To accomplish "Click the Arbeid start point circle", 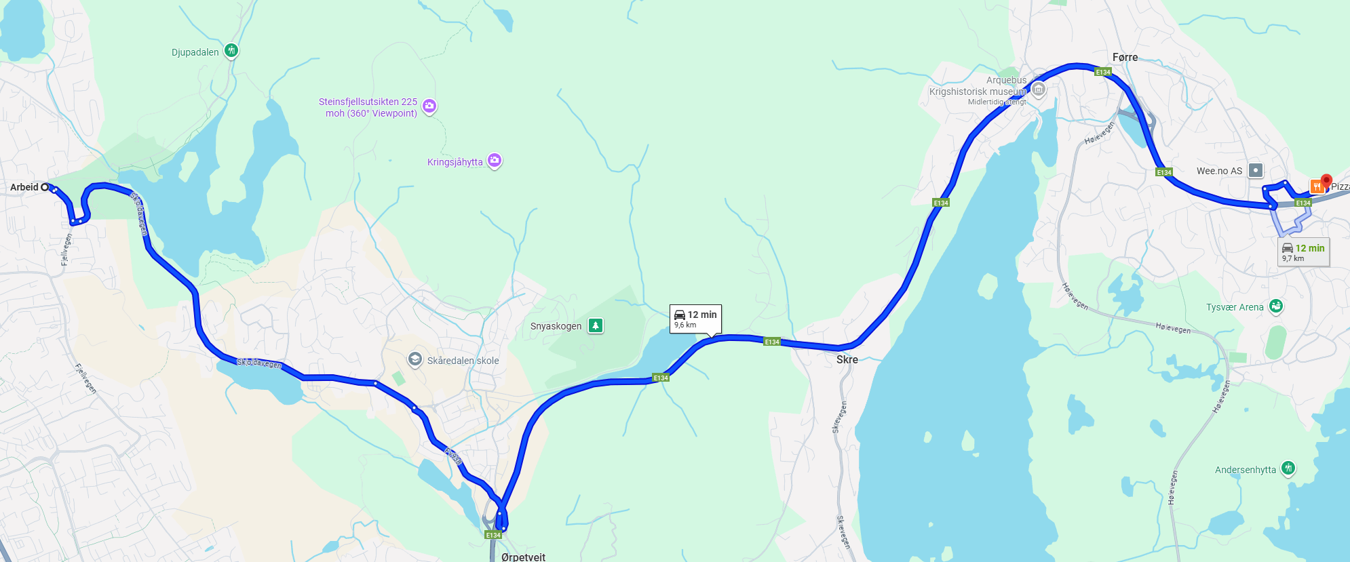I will (45, 187).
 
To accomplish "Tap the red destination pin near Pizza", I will (1326, 181).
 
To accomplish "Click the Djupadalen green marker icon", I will (231, 51).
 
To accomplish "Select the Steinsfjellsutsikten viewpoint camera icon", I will (429, 106).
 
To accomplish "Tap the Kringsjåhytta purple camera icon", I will (495, 161).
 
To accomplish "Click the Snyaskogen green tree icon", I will (595, 325).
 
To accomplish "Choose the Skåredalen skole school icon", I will (415, 359).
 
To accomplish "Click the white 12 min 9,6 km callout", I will (695, 319).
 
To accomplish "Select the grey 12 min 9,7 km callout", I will (1303, 252).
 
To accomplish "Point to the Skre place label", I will (847, 360).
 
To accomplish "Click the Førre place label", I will (1125, 58).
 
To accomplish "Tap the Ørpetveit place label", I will (523, 557).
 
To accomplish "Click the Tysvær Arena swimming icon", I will (1276, 306).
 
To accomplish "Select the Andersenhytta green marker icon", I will (1288, 468).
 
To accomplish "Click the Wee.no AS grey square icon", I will (1256, 170).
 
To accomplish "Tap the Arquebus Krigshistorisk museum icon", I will (1038, 90).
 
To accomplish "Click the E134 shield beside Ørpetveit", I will (493, 535).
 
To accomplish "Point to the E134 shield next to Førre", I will (1103, 72).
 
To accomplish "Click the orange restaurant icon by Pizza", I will (1316, 186).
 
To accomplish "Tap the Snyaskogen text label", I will (556, 326).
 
